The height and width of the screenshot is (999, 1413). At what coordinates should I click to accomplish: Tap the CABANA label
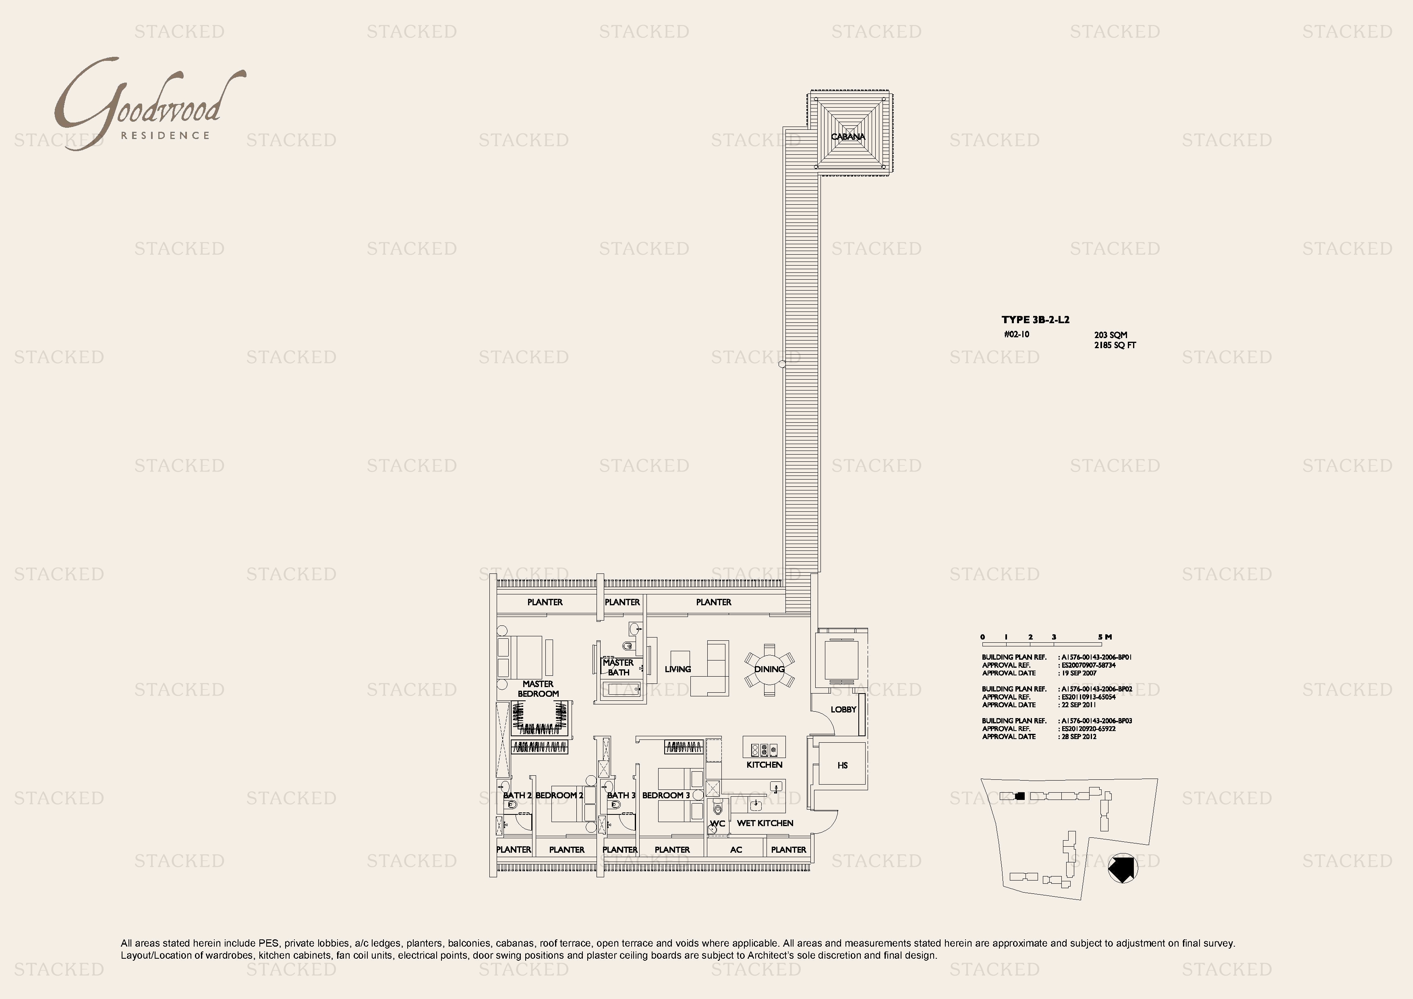point(847,137)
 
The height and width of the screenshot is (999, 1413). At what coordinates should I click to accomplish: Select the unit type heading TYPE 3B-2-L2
point(1035,320)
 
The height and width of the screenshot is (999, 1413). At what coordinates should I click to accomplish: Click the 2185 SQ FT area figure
point(1115,345)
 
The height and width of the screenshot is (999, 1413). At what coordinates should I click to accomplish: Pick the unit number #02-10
point(1016,334)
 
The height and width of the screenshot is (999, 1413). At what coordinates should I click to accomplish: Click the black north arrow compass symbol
point(1123,868)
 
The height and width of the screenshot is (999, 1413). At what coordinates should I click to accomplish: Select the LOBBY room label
point(843,709)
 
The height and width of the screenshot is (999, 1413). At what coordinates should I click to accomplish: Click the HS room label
point(843,765)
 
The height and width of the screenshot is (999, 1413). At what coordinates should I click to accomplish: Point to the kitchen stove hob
point(764,750)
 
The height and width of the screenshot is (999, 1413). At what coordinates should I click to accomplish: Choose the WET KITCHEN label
point(765,823)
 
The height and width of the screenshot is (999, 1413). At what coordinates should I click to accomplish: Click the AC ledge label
point(736,849)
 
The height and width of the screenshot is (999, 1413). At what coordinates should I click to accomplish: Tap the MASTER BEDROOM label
point(538,689)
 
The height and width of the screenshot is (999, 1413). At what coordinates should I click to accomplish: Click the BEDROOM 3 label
point(666,795)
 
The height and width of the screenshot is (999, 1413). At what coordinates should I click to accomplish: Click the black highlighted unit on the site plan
point(1020,796)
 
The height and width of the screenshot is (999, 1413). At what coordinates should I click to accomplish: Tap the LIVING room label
point(677,669)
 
